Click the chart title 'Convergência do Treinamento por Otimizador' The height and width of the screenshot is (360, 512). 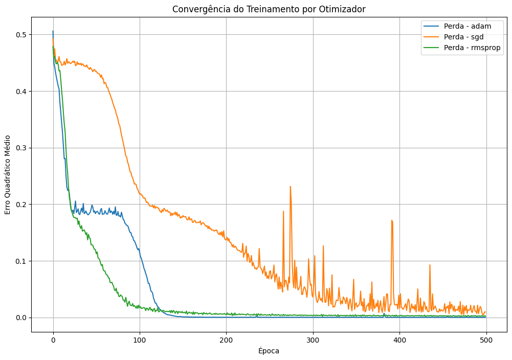tap(269, 9)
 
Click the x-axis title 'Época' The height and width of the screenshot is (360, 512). tap(269, 351)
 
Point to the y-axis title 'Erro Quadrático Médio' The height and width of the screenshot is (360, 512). tap(8, 175)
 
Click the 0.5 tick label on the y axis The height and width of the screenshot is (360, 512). tap(20, 35)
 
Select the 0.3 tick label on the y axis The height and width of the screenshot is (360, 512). tap(20, 148)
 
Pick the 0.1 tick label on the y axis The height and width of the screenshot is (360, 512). tap(20, 261)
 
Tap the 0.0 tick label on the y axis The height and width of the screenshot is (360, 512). tap(20, 318)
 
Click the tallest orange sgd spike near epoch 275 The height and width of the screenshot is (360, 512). tap(291, 187)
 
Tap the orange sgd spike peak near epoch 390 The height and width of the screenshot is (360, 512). tap(392, 220)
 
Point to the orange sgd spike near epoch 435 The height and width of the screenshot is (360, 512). tap(430, 265)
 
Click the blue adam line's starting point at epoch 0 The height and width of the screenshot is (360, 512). tap(53, 31)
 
